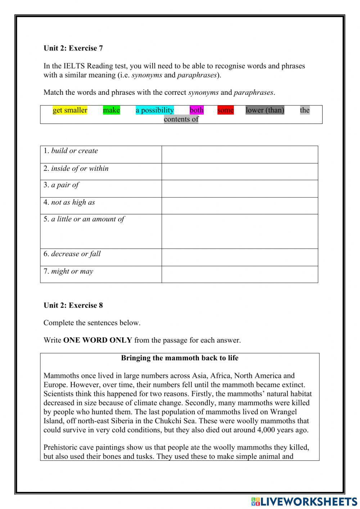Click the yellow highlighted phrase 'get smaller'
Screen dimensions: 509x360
point(70,110)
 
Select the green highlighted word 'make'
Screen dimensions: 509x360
point(111,110)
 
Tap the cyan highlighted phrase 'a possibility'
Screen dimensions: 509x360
point(154,110)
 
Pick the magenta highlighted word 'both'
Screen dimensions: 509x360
point(197,110)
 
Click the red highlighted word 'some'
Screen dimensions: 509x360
point(225,110)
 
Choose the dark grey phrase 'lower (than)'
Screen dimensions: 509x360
point(265,110)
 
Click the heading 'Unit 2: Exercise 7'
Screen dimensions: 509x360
point(73,48)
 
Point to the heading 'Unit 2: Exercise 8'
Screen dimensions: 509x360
point(73,305)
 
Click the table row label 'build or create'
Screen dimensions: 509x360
point(74,151)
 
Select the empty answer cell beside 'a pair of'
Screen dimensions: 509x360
point(239,188)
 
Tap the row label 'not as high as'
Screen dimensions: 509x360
point(73,202)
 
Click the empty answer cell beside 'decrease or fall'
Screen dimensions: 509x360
point(239,257)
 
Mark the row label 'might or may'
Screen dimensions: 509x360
point(72,272)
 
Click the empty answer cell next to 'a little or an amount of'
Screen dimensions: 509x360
point(239,231)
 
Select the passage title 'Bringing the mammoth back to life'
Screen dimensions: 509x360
point(180,358)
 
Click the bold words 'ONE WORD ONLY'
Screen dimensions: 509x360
point(98,340)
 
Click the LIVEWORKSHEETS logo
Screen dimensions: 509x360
point(304,501)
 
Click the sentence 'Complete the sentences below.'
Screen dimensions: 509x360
point(92,323)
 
